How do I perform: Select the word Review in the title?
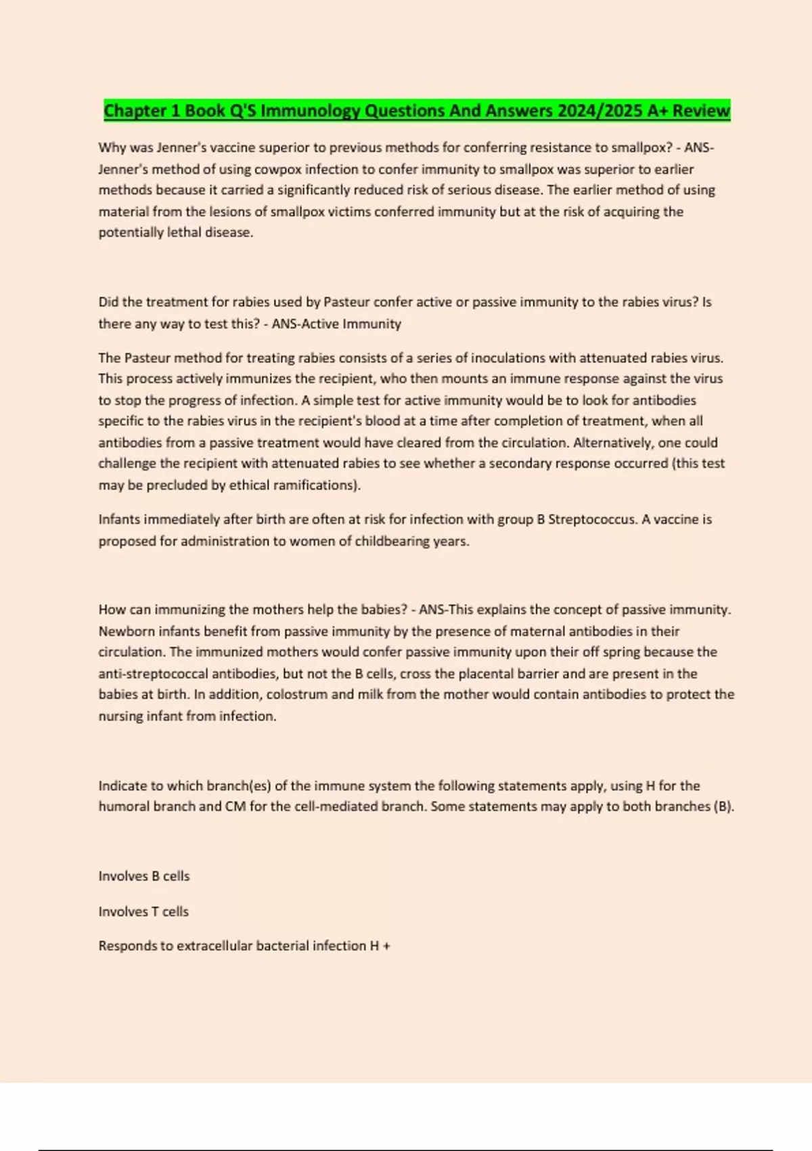(701, 111)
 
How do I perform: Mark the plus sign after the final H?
(386, 947)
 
